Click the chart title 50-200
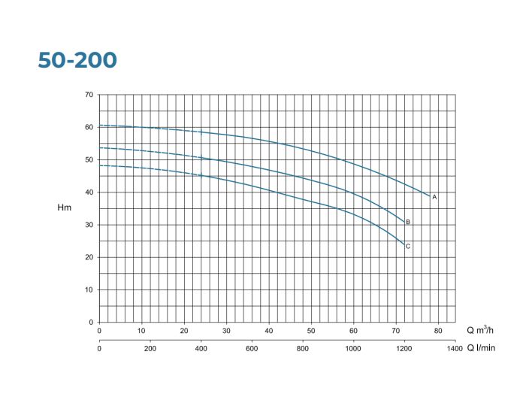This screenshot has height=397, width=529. click(77, 60)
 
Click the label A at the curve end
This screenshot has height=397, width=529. click(434, 196)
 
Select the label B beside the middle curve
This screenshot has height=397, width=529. click(408, 223)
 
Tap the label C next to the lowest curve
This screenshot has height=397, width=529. click(408, 247)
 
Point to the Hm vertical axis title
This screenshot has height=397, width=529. click(65, 208)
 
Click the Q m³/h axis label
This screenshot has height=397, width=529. click(482, 330)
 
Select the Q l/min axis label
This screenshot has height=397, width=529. click(482, 347)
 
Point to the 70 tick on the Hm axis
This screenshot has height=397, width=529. click(89, 95)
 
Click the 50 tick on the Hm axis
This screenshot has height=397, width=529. click(89, 159)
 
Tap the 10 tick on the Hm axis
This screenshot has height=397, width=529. click(89, 289)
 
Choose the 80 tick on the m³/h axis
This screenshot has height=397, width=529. click(438, 330)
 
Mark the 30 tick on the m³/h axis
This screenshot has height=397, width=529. click(226, 330)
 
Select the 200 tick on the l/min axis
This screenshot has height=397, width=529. click(150, 347)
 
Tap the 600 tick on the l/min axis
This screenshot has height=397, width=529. click(252, 347)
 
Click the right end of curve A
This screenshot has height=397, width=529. click(430, 196)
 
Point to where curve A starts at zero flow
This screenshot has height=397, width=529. click(99, 126)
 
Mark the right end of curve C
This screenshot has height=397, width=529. click(404, 244)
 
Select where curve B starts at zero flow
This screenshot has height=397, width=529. click(99, 147)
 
